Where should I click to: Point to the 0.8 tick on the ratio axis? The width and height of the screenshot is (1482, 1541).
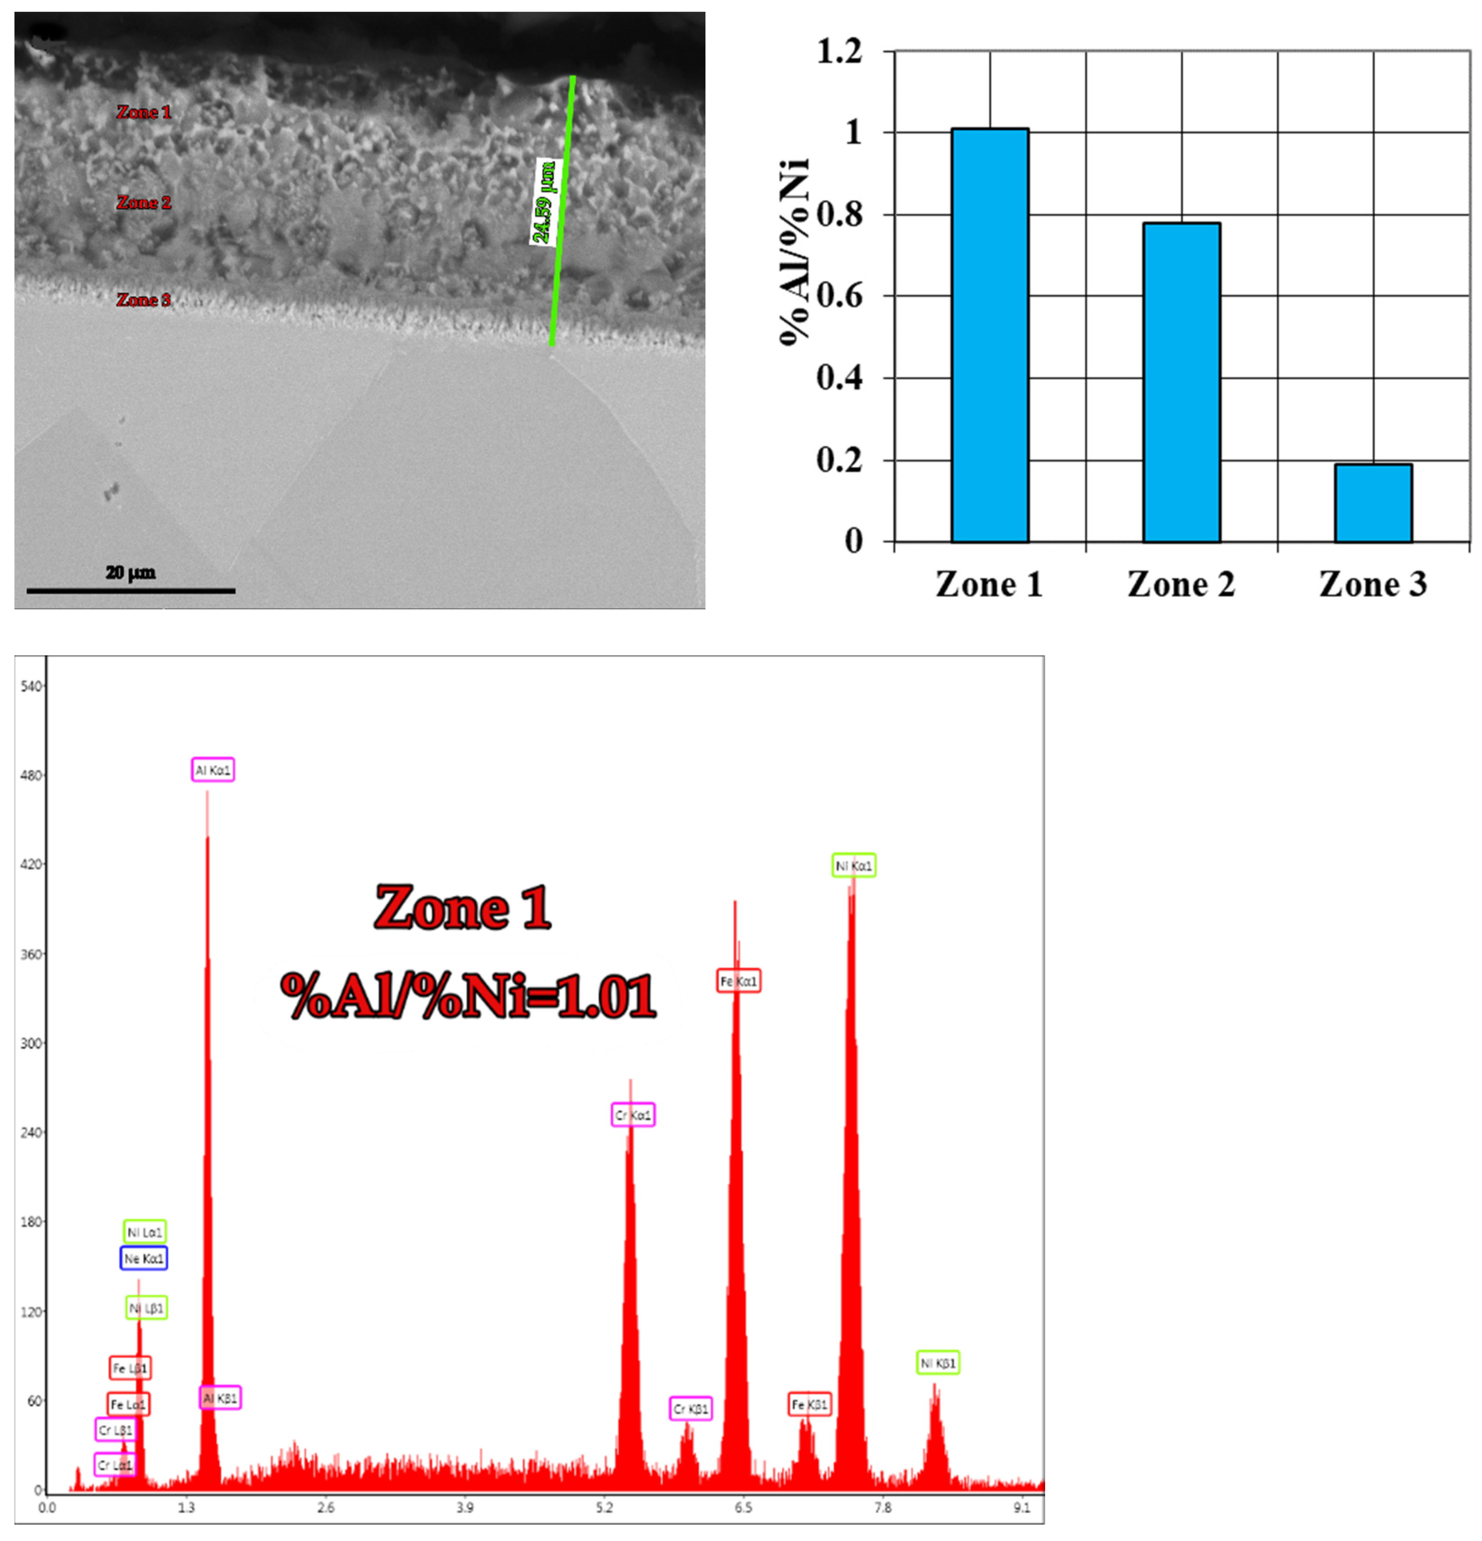(x=840, y=214)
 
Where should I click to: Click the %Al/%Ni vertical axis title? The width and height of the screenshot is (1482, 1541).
(x=794, y=251)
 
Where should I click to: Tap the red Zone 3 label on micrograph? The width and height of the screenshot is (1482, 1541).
(x=144, y=300)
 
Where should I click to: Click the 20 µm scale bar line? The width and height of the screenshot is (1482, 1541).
(x=131, y=590)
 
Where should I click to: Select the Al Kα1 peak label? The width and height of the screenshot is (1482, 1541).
(x=213, y=770)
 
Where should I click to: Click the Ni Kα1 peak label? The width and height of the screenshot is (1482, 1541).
(x=854, y=866)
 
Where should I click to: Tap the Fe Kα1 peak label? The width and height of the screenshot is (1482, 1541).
(x=738, y=981)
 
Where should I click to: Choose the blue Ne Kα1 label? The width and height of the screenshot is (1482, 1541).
(x=144, y=1259)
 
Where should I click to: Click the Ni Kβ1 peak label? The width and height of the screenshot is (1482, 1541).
(x=938, y=1363)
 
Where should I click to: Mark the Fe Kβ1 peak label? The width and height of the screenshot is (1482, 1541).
(x=809, y=1404)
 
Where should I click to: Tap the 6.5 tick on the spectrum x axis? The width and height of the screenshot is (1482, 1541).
(x=743, y=1507)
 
